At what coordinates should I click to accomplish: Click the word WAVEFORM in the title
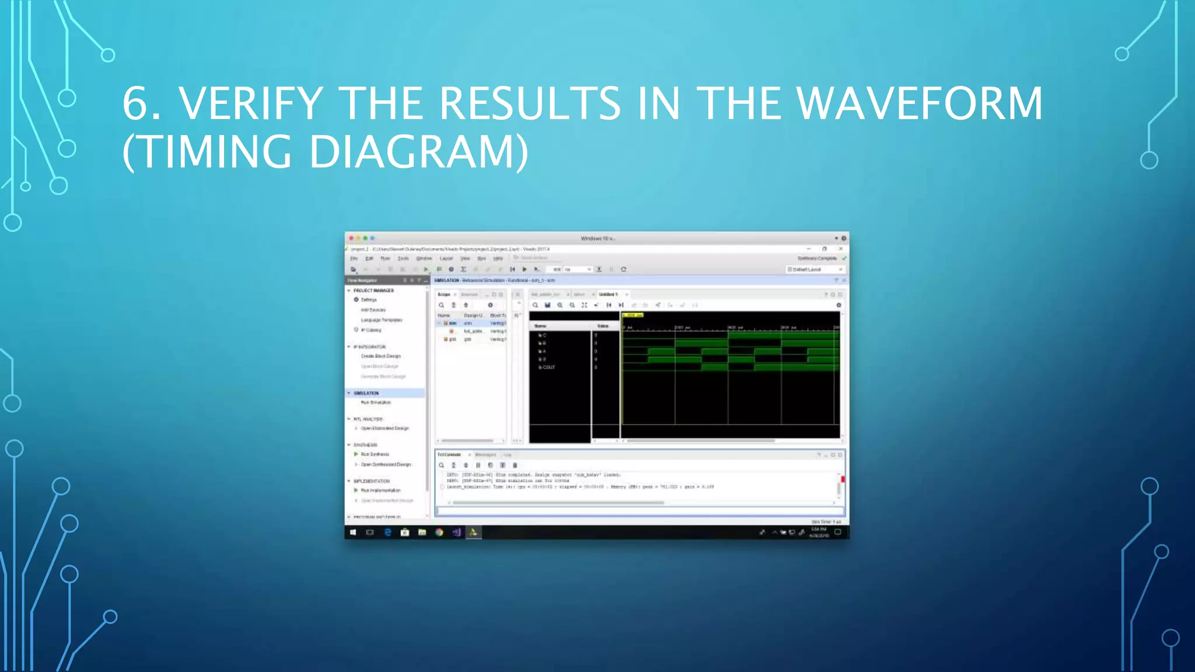[x=920, y=104]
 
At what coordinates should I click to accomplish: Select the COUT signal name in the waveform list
[x=548, y=367]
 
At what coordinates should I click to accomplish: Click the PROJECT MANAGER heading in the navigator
[x=373, y=290]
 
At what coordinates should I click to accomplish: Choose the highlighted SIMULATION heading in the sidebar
[x=366, y=393]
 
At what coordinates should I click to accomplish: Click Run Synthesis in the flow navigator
[x=375, y=454]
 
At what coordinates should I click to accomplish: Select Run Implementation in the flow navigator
[x=380, y=491]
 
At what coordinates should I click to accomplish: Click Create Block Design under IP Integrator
[x=380, y=356]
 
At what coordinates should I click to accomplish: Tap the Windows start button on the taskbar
[x=353, y=532]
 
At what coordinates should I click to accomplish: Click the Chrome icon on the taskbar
[x=439, y=532]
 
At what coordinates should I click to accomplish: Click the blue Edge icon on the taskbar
[x=387, y=532]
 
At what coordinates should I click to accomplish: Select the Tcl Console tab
[x=449, y=454]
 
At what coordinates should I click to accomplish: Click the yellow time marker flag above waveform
[x=633, y=315]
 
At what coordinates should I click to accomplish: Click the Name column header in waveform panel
[x=540, y=326]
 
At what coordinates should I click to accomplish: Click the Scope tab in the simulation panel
[x=443, y=295]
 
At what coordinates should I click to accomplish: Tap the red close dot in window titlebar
[x=351, y=238]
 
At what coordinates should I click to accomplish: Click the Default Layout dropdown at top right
[x=815, y=269]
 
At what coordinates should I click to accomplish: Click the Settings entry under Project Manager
[x=368, y=300]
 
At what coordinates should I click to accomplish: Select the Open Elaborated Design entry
[x=385, y=428]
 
